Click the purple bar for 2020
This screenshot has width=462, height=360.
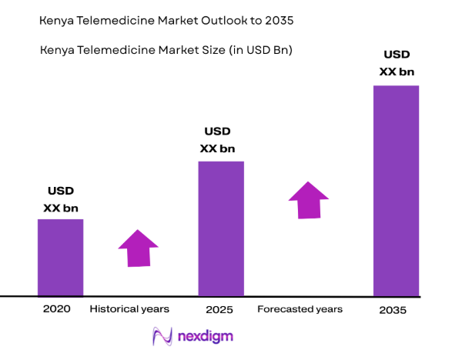pos(61,258)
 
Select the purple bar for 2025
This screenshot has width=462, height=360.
pos(221,228)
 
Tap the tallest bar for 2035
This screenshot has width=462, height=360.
pos(397,190)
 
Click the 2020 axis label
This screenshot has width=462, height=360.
pos(57,308)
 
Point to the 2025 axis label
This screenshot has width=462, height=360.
pos(219,309)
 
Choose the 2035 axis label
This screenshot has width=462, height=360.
pos(393,310)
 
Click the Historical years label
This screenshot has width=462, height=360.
pos(129,309)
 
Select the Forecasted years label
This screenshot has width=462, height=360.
pos(300,309)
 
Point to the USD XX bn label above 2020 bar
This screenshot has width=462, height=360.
pos(61,198)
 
